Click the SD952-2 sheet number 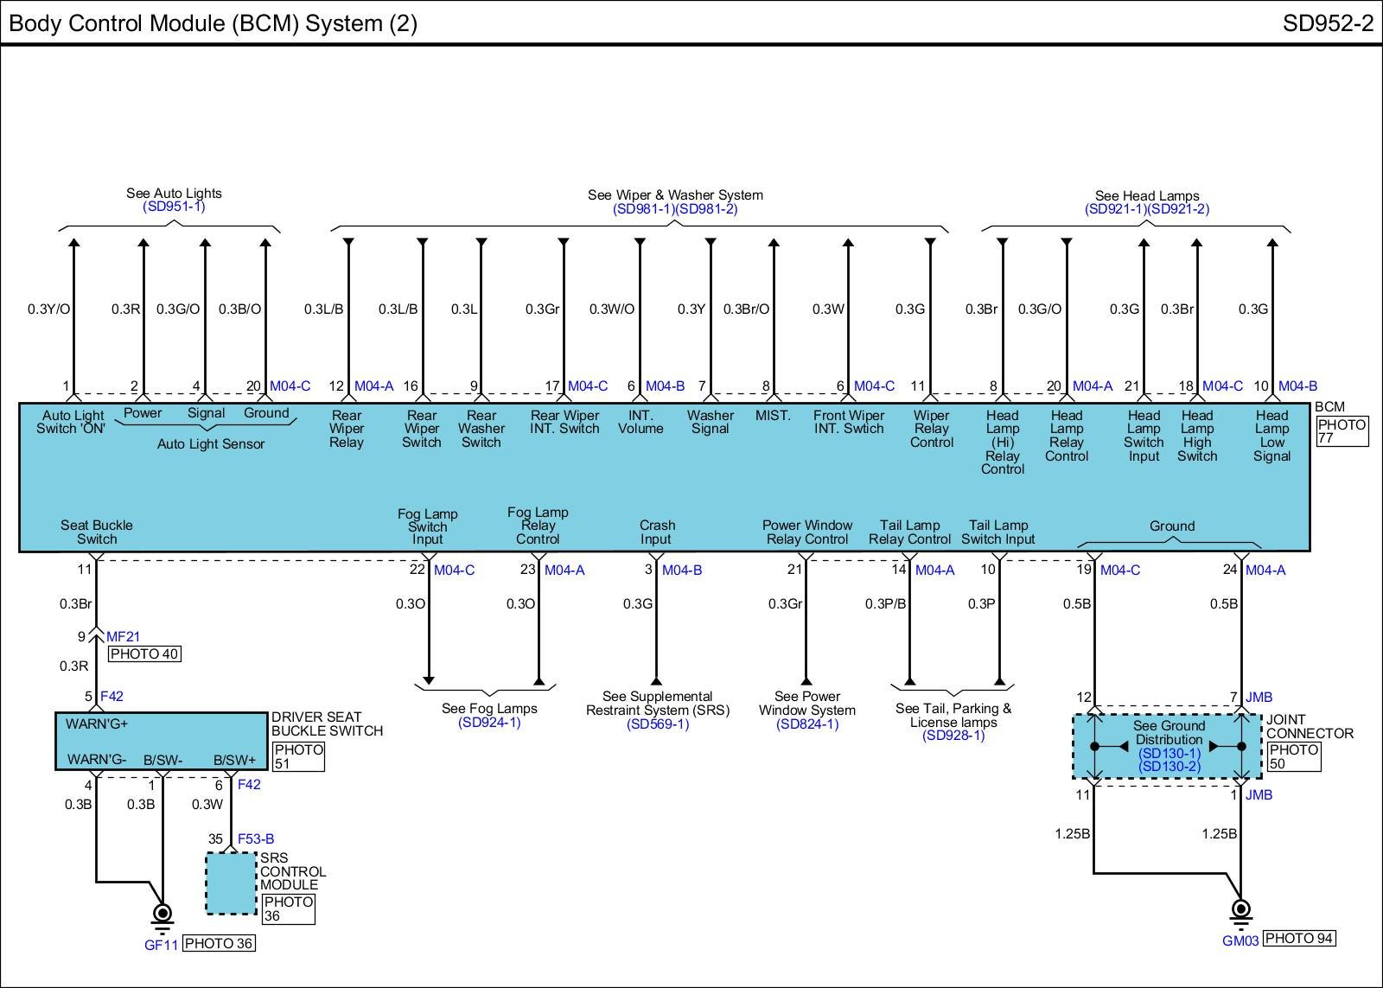pos(1328,23)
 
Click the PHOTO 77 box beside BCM pos(1342,431)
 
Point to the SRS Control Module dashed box pos(231,883)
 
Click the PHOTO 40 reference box pos(144,654)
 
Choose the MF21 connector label pos(123,636)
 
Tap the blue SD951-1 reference pos(174,207)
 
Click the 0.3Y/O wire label pos(48,309)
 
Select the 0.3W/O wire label pos(612,309)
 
